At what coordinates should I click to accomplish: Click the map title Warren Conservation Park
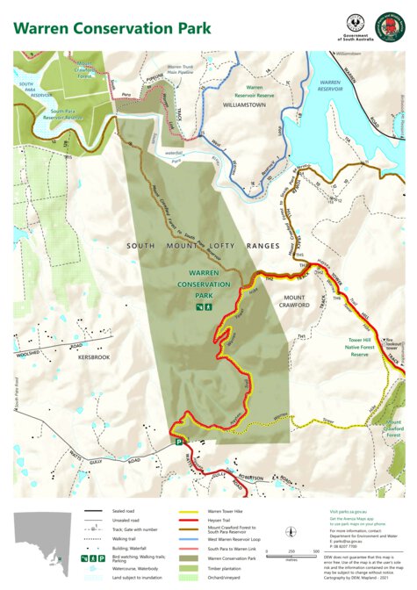pyautogui.click(x=111, y=27)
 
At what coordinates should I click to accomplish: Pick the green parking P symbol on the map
pyautogui.click(x=179, y=444)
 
